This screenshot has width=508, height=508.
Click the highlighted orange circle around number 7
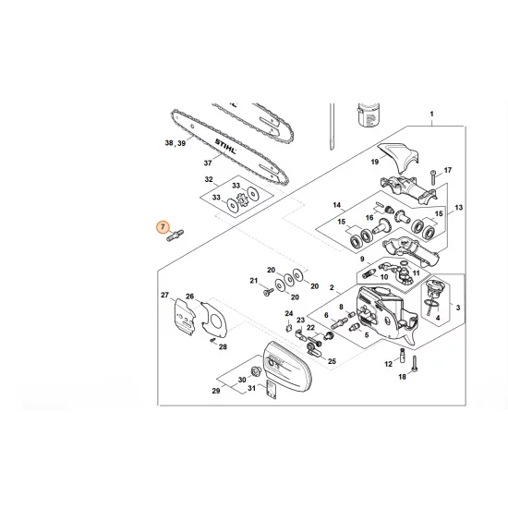click(163, 226)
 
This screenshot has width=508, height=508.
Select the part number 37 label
click(209, 163)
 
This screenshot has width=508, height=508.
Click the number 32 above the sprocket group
click(209, 179)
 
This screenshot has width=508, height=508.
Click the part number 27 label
click(166, 295)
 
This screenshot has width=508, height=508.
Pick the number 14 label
click(311, 204)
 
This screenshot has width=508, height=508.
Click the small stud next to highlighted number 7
click(175, 240)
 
